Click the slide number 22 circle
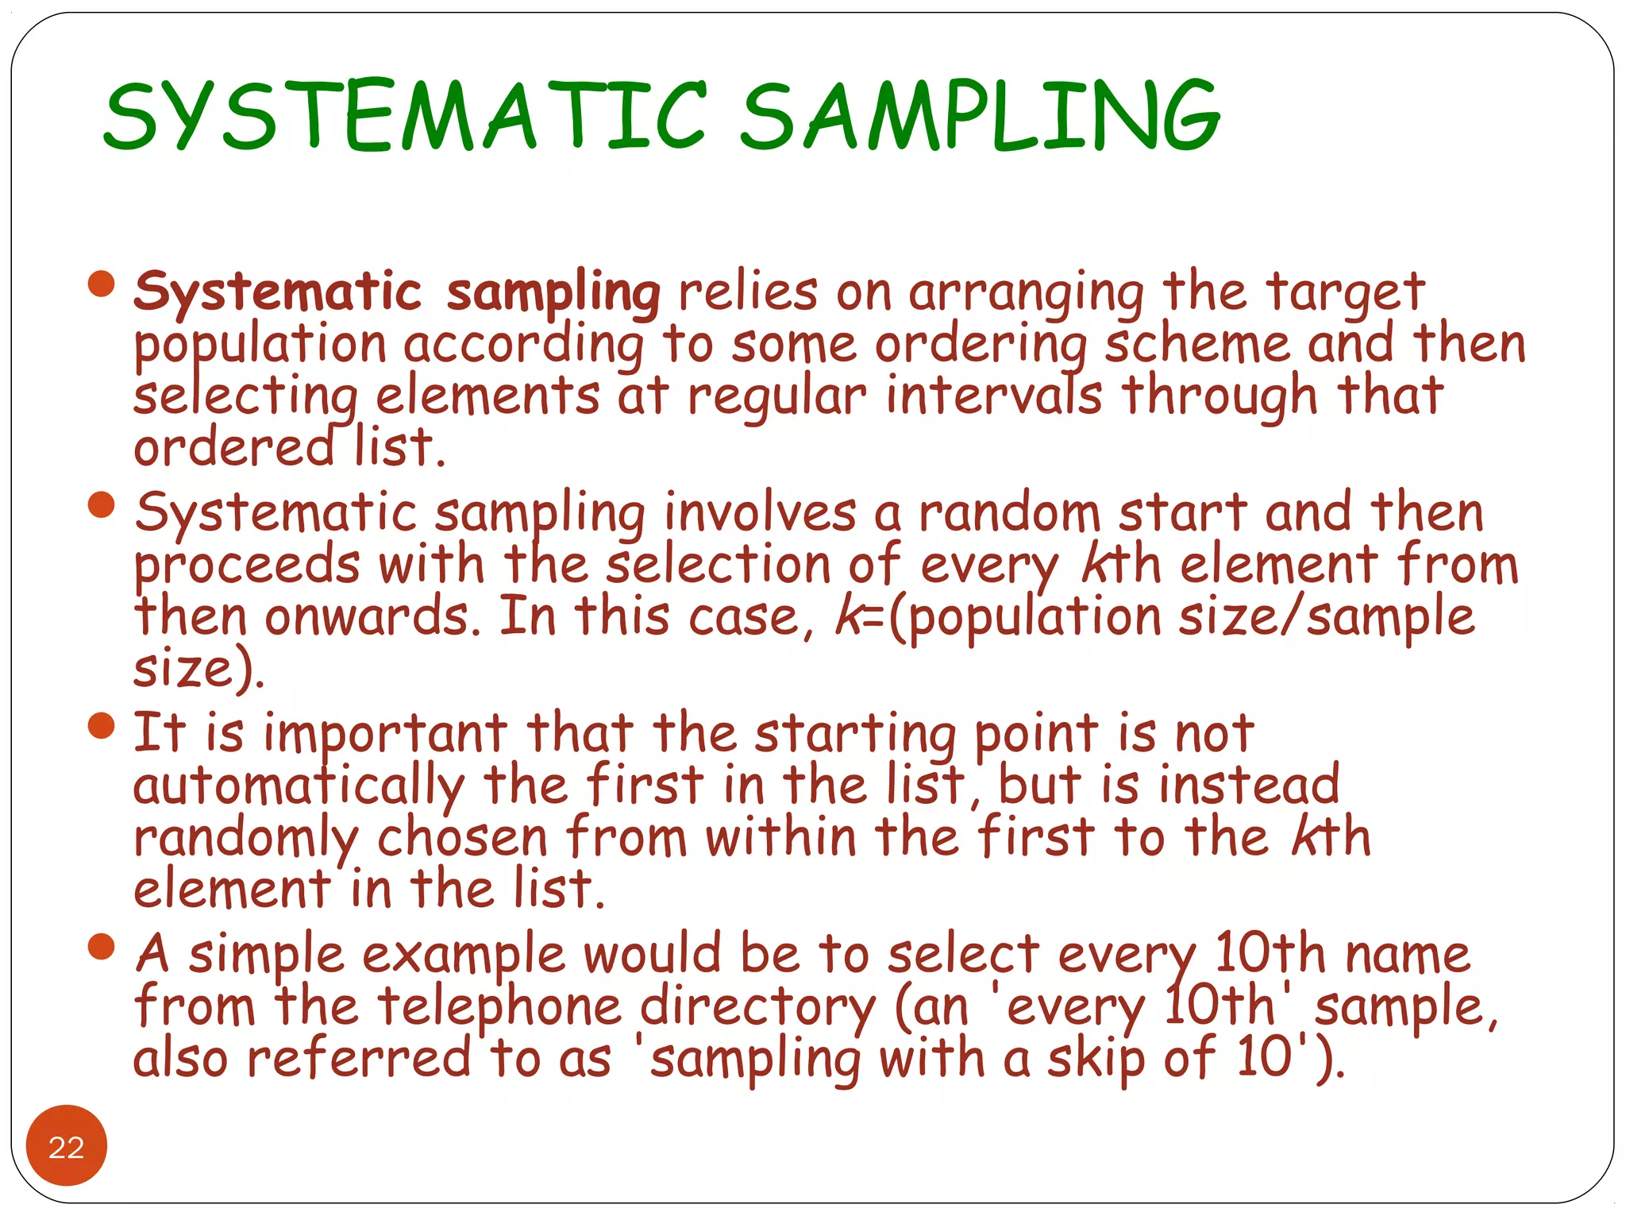pyautogui.click(x=67, y=1146)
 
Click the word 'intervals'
pyautogui.click(x=994, y=396)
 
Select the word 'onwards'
pyautogui.click(x=372, y=617)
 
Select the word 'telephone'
pyautogui.click(x=499, y=1007)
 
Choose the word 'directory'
pyautogui.click(x=757, y=1007)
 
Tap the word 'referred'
pyautogui.click(x=359, y=1060)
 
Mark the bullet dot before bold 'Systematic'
pyautogui.click(x=102, y=284)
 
